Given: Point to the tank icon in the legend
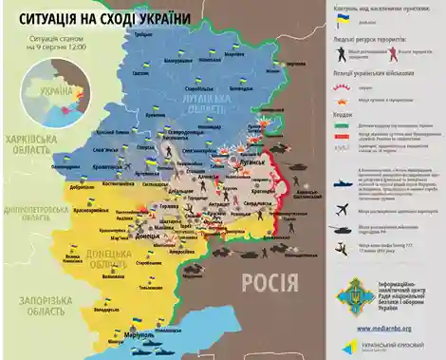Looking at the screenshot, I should pos(343,229).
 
